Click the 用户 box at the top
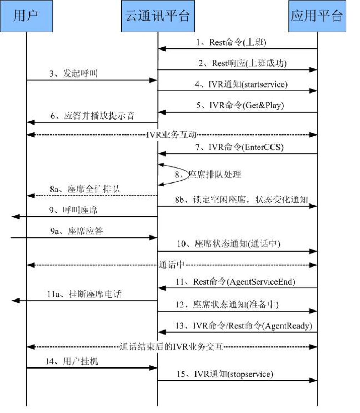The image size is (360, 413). tap(26, 16)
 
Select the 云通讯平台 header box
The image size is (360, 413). tap(158, 16)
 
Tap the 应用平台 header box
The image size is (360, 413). tap(317, 16)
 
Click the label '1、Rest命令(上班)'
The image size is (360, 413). tap(231, 42)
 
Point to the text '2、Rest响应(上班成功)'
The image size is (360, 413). tap(243, 63)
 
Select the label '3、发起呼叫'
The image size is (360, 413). tap(74, 74)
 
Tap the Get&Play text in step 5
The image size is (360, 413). tap(263, 105)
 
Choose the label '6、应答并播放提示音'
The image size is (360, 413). tap(93, 116)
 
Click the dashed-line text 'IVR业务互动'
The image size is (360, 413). tap(172, 134)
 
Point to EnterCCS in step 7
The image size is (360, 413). tap(263, 147)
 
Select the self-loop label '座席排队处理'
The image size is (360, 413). tap(215, 174)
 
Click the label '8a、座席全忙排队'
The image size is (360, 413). tap(85, 189)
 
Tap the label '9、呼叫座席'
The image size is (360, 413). tap(74, 210)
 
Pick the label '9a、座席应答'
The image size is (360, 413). tap(76, 231)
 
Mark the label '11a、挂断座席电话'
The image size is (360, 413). tap(84, 294)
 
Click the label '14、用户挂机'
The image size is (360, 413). tap(71, 361)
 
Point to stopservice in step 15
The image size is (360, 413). tap(250, 374)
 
